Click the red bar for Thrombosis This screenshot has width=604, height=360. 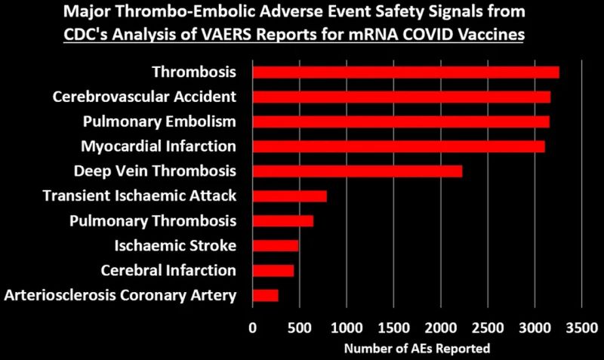(405, 72)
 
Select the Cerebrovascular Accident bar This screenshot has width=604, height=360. (401, 97)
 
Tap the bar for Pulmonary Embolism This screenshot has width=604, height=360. (401, 122)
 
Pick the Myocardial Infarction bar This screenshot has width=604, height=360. (398, 146)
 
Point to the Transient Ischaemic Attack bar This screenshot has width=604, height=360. (289, 196)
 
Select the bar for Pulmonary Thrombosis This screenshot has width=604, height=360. (282, 221)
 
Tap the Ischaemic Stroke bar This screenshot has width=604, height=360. (275, 245)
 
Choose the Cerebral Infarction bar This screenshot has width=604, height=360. (273, 270)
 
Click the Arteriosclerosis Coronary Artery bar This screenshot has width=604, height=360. (265, 294)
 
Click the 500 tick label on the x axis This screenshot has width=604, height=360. (299, 328)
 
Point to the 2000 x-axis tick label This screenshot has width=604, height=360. (440, 328)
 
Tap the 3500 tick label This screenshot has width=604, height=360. (581, 328)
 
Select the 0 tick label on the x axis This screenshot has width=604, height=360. (252, 328)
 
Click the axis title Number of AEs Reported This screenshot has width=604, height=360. (417, 349)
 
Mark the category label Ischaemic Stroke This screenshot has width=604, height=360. (175, 245)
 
